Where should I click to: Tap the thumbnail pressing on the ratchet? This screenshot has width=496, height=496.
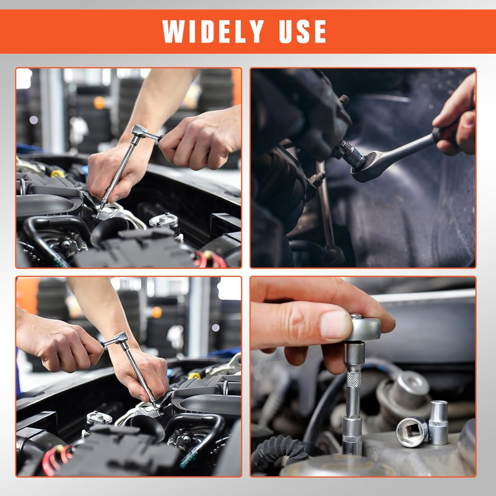336,325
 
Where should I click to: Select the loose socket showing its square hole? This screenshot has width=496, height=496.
411,431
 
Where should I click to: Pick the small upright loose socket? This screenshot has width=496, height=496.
438,422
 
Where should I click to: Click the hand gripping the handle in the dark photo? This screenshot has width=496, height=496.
455,121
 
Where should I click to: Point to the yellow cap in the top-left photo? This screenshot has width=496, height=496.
57,173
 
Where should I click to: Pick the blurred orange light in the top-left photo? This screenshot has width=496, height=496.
100,102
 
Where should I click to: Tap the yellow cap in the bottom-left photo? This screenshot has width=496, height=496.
194,376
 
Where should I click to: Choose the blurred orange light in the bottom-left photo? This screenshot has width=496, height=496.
156,312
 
